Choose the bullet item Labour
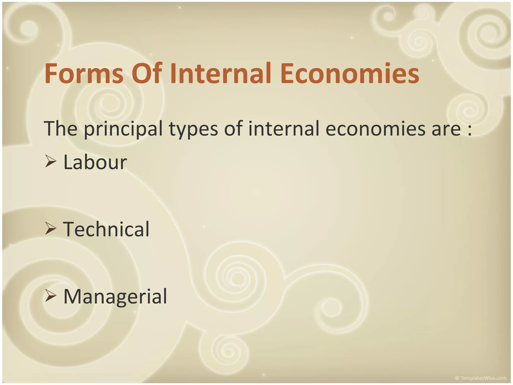(95, 162)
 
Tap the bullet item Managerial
(115, 296)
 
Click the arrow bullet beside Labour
(50, 162)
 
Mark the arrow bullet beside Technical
(50, 229)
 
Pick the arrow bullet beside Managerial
(50, 296)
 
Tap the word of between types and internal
(233, 128)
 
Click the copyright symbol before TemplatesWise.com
(457, 378)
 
